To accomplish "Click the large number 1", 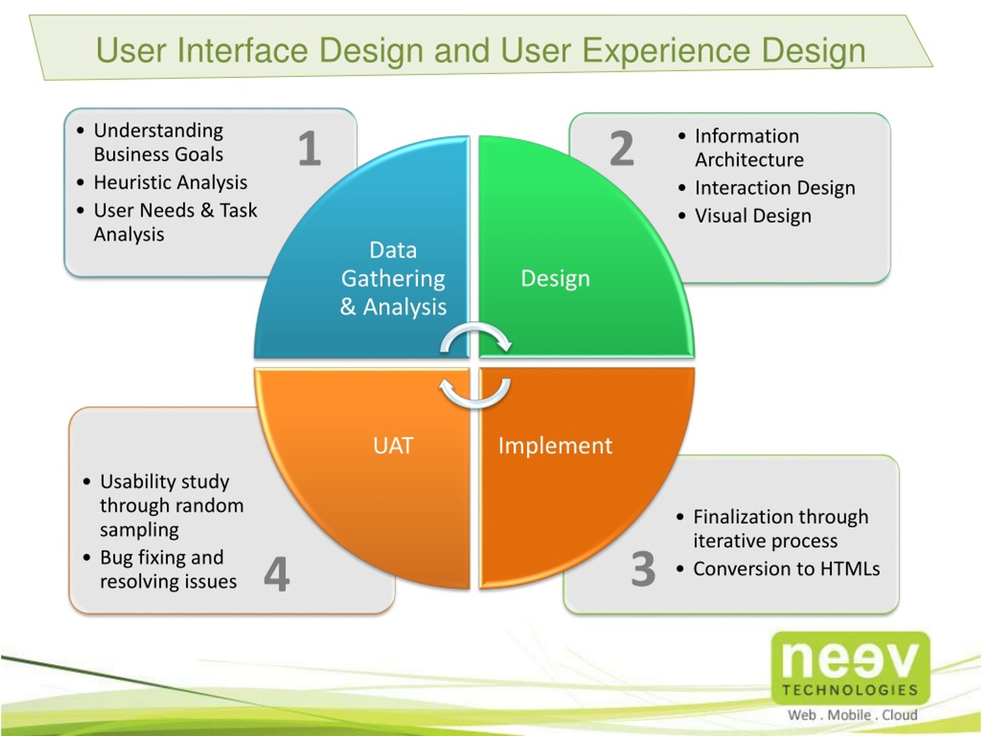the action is click(x=310, y=148).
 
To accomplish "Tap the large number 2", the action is click(x=622, y=148).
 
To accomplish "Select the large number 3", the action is click(x=643, y=569).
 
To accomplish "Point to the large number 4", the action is click(x=277, y=574).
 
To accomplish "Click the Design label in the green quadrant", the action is click(x=555, y=279).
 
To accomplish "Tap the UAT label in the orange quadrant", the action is click(x=394, y=446).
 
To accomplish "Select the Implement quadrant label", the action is click(x=555, y=446).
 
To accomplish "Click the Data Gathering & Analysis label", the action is click(x=394, y=279).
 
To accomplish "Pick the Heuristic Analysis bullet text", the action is click(x=170, y=183).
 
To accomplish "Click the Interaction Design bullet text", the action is click(x=775, y=188).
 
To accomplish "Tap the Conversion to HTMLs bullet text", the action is click(x=786, y=569).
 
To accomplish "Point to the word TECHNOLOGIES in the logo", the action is click(x=850, y=690).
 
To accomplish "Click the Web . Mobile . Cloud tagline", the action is click(x=852, y=715).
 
